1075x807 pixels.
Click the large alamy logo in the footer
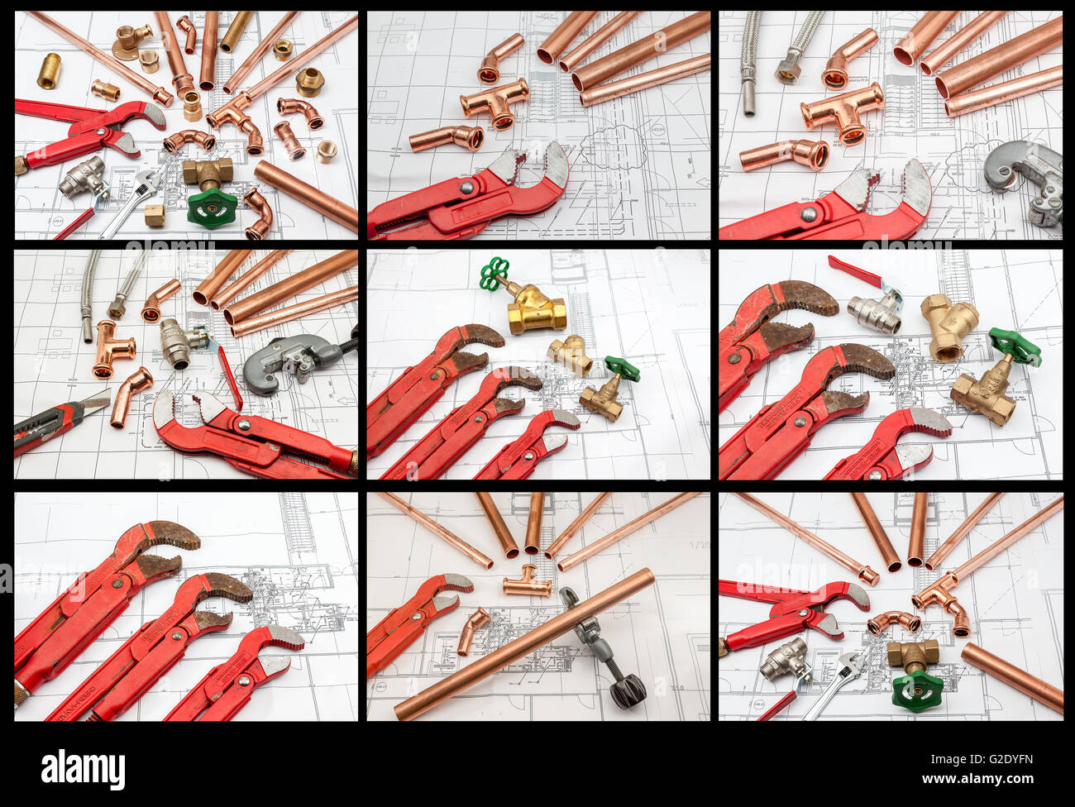[84, 769]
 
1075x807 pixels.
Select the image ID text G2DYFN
[1002, 759]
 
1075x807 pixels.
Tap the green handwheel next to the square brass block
[212, 208]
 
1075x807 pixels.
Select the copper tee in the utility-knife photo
[112, 347]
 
